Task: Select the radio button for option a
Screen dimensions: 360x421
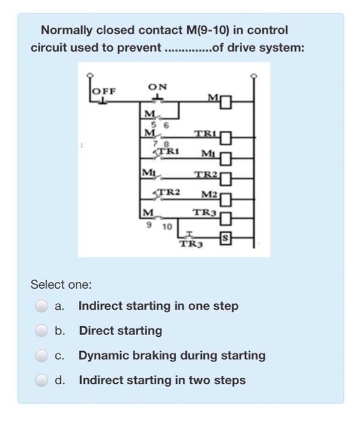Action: [x=41, y=306]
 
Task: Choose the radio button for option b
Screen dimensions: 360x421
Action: [x=41, y=331]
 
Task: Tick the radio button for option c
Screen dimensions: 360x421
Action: [x=41, y=355]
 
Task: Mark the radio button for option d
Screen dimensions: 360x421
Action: [x=41, y=380]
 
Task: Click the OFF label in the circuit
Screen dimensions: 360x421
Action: [x=104, y=91]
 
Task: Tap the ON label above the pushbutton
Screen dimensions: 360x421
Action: [x=157, y=87]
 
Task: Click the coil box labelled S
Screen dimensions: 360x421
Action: [x=225, y=238]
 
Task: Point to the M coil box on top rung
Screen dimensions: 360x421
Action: [x=225, y=102]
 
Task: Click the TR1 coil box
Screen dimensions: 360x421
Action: [x=225, y=138]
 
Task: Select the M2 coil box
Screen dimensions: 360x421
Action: [x=225, y=200]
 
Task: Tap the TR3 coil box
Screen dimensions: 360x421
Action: [x=225, y=218]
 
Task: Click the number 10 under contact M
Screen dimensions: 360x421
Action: [x=167, y=227]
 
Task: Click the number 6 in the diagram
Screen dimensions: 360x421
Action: [x=166, y=125]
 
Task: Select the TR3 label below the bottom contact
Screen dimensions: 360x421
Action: [x=191, y=244]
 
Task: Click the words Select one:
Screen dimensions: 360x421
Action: [x=61, y=284]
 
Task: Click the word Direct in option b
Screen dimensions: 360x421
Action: [x=97, y=331]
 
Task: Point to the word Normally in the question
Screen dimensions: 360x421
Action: [x=67, y=30]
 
